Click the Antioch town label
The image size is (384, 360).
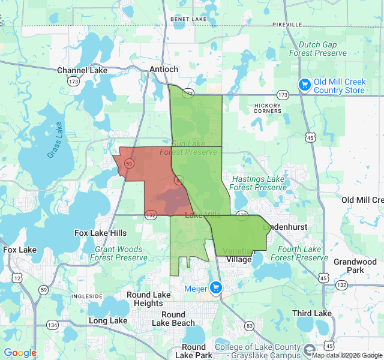point(164,70)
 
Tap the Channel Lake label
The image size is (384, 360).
point(82,71)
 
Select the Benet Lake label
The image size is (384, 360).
point(188,19)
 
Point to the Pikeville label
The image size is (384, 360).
point(287,24)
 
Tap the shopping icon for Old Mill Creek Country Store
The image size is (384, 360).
point(305,85)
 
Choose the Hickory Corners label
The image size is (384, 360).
point(268,108)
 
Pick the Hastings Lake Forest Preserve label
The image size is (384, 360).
point(258,183)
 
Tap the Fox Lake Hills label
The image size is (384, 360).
point(101,233)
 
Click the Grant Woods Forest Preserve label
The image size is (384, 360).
point(118,253)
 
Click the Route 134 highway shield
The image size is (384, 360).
point(53,325)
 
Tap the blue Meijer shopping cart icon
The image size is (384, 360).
point(217,288)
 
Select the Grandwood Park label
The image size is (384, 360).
point(355,266)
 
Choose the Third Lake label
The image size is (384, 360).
point(311,313)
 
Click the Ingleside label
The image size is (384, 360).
point(87,296)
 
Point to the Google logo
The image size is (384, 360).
point(20,353)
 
